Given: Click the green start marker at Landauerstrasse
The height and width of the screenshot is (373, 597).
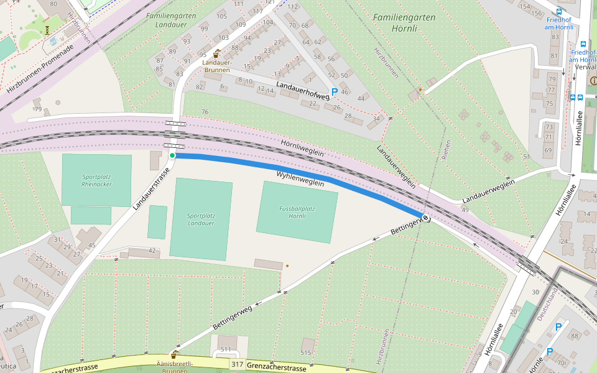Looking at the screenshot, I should tap(172, 155).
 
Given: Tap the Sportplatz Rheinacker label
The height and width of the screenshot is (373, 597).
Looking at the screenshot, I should tap(96, 180).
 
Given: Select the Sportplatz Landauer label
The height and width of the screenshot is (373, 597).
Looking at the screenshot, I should tap(200, 219).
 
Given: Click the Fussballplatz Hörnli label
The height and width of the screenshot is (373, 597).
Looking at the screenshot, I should tap(297, 212).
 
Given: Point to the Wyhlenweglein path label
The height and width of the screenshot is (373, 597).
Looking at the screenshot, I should tap(300, 179).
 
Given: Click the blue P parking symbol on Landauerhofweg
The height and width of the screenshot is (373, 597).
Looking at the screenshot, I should tap(334, 92).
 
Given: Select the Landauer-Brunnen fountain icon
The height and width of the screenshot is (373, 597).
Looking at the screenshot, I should tap(216, 53).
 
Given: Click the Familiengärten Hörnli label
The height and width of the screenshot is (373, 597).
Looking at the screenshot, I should tap(404, 22).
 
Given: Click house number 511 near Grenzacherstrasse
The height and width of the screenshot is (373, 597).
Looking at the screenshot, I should tap(226, 349).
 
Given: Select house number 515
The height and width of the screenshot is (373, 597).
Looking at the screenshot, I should tap(305, 352).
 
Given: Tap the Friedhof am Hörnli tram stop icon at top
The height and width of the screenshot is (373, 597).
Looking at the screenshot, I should tap(558, 11).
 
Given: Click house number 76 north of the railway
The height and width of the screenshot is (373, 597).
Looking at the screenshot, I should tap(205, 112).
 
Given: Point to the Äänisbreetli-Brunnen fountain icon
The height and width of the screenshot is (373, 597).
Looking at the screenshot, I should tap(175, 354).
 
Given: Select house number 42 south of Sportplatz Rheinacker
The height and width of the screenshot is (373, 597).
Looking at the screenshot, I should tap(151, 250).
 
